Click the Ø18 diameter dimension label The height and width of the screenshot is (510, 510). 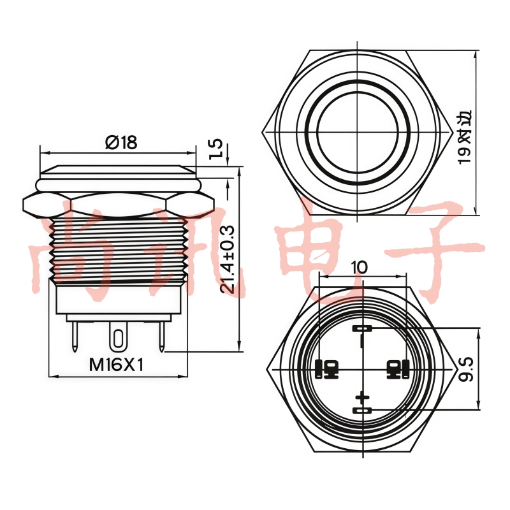[x=121, y=142]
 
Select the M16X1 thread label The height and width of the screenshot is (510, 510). [x=116, y=365]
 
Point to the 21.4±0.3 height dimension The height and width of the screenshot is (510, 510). [x=228, y=260]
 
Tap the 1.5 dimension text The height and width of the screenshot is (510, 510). [x=215, y=149]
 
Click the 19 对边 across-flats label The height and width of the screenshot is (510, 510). [x=465, y=138]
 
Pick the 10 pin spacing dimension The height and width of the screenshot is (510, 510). [x=359, y=267]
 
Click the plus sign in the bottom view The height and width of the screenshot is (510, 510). [x=362, y=397]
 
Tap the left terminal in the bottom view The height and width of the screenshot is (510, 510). [x=326, y=370]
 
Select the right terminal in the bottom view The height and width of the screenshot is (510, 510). [x=398, y=370]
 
